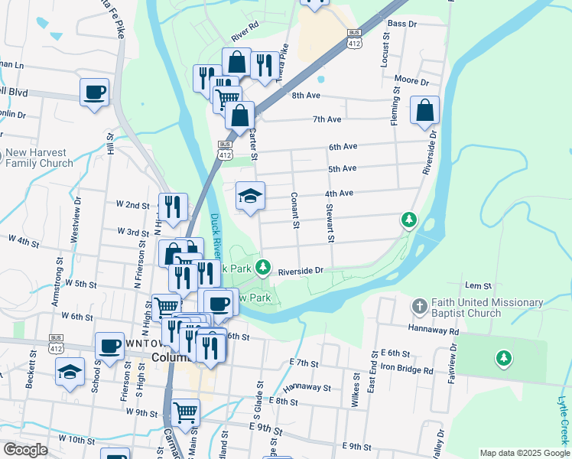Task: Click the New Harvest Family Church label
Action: point(40,158)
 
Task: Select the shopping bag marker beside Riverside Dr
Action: point(424,110)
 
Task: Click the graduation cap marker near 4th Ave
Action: point(250,196)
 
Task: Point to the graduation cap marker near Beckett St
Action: point(70,372)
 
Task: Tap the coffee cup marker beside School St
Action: point(109,346)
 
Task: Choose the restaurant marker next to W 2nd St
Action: point(173,207)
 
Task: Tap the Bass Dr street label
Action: point(401,24)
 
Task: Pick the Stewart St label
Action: point(330,223)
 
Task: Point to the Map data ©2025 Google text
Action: point(524,453)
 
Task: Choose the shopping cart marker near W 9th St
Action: point(186,412)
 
